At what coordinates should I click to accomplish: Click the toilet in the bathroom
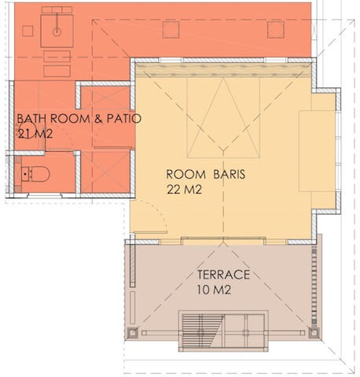(x=35, y=174)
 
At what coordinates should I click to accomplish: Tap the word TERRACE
(x=223, y=275)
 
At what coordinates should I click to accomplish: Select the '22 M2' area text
(x=184, y=190)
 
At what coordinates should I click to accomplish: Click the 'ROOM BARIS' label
(x=206, y=175)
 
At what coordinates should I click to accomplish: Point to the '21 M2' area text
(x=35, y=134)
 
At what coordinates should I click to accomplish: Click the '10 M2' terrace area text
(x=214, y=290)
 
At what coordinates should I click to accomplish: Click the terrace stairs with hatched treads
(x=202, y=331)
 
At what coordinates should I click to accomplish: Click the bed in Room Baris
(x=223, y=117)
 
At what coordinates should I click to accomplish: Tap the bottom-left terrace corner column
(x=132, y=333)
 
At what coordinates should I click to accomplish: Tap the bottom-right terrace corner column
(x=314, y=333)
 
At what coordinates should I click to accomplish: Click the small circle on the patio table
(x=57, y=32)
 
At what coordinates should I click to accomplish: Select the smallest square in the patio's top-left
(x=28, y=31)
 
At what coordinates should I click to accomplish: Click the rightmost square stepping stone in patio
(x=276, y=30)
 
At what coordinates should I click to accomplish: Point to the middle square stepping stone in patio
(x=171, y=30)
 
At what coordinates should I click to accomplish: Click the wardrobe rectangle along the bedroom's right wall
(x=317, y=151)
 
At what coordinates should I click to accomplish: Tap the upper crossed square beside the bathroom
(x=105, y=98)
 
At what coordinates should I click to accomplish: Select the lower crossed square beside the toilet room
(x=105, y=171)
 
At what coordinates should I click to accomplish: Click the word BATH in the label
(x=31, y=119)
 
